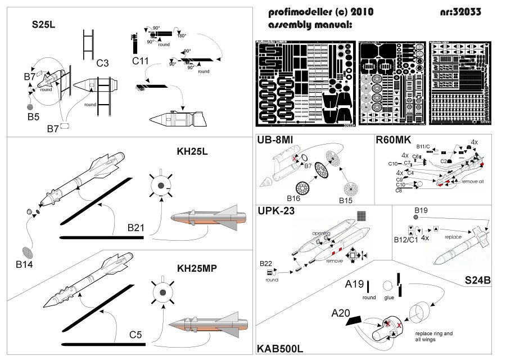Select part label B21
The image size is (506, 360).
coord(137,228)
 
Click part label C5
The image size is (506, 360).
coord(136,335)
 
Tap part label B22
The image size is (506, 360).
coord(266,263)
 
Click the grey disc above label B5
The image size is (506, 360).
coord(30,106)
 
